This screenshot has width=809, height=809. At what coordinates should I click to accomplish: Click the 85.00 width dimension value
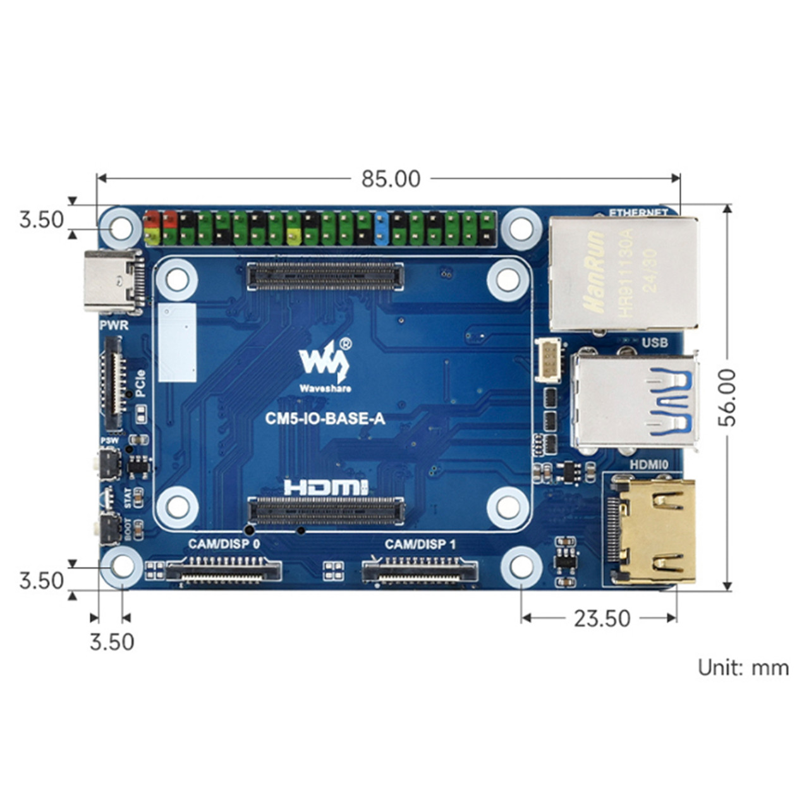391,179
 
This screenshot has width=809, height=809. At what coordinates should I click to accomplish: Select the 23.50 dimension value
602,618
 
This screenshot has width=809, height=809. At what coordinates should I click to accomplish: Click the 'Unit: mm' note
743,667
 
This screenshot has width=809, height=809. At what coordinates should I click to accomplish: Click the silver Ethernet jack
623,273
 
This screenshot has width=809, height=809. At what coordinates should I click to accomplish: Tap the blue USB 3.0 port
635,400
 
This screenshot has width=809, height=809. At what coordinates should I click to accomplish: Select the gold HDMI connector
655,531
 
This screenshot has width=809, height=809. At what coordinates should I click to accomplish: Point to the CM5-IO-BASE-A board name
325,418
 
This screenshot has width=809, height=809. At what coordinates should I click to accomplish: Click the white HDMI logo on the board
326,487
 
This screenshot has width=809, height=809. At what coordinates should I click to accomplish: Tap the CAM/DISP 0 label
224,544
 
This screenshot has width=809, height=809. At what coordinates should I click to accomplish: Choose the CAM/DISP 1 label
420,544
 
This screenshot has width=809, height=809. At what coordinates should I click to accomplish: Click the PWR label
114,325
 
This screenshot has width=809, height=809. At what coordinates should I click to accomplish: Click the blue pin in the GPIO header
381,228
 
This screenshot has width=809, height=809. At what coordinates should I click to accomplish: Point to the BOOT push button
109,528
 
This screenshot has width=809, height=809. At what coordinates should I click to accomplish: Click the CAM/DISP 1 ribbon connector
420,571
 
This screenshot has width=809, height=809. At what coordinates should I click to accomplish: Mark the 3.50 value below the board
112,642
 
